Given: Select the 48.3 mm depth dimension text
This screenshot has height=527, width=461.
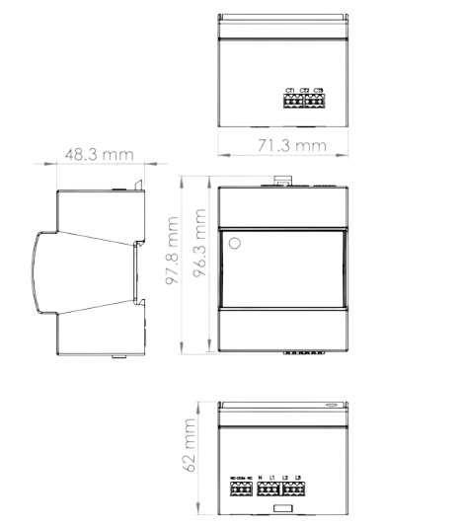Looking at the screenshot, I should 98,155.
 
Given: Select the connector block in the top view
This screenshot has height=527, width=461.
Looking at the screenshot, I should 304,99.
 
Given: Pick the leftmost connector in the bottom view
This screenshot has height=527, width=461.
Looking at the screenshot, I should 241,487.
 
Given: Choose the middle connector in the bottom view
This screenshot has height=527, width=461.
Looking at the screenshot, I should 268,487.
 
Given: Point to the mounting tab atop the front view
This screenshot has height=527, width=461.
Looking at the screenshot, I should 281,180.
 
